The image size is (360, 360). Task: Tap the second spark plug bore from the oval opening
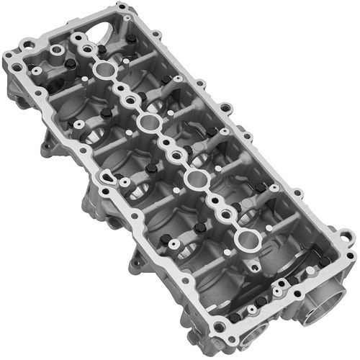pos(148,122)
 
